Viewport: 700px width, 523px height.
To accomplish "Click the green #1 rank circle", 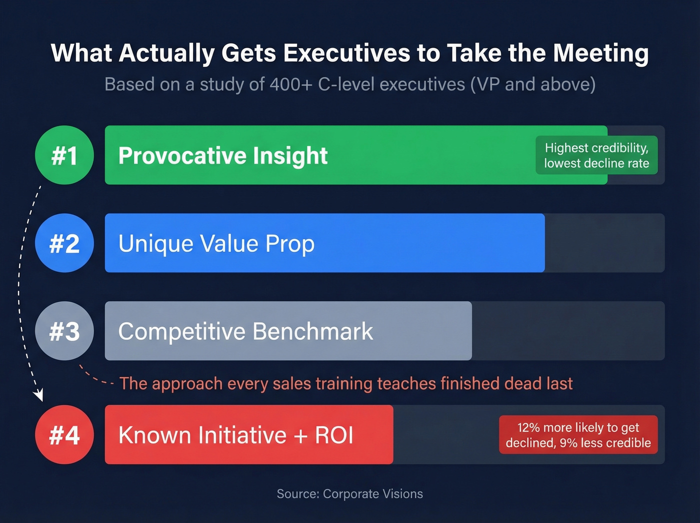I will click(64, 155).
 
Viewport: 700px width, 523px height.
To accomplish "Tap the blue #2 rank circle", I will click(64, 243).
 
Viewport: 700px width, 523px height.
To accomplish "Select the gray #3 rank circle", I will click(64, 331).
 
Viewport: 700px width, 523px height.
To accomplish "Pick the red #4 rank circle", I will click(64, 434).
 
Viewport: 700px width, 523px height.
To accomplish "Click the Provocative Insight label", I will click(223, 156).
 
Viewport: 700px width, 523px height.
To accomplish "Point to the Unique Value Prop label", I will click(216, 244).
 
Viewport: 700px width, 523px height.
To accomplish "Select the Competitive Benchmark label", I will click(245, 331).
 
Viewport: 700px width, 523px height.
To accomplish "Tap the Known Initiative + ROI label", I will click(235, 435).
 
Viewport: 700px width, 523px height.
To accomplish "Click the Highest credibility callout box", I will click(596, 155).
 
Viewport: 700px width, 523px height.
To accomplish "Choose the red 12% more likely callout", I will click(578, 435).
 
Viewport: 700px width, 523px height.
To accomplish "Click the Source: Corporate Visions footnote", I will click(350, 494).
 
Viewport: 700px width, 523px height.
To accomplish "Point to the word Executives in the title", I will click(346, 53).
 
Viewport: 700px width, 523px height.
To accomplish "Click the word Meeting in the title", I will click(601, 53).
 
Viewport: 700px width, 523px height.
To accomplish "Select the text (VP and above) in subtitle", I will click(533, 85).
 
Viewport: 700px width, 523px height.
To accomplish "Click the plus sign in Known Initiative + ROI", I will click(300, 435).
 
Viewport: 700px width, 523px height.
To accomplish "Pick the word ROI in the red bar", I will click(334, 435).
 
